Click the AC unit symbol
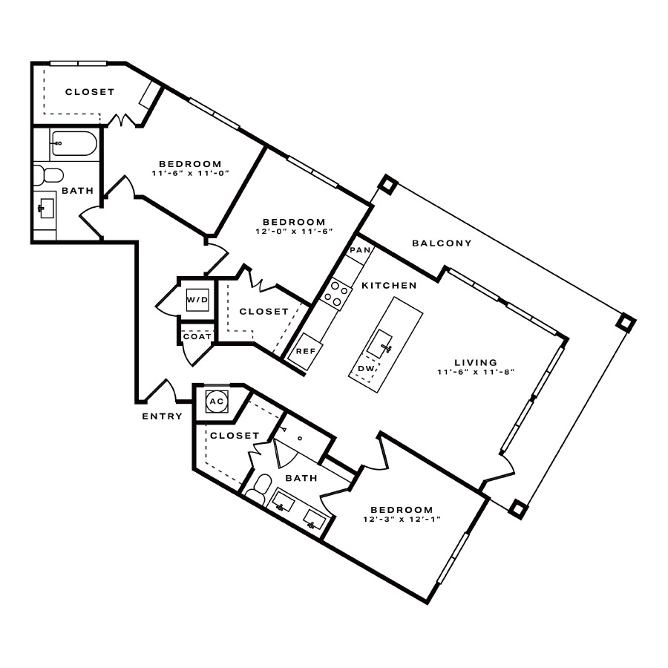217,402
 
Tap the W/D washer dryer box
197,300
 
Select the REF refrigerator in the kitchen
305,350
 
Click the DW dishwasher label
366,368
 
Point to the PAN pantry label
361,250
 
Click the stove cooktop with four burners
336,292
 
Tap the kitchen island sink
379,344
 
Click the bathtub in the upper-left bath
74,143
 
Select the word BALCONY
442,243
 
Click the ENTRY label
162,416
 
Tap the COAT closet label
197,336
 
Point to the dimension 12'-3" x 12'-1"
402,520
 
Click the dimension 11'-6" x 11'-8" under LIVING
476,372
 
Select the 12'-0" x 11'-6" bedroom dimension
294,232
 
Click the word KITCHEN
389,286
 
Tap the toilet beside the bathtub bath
48,175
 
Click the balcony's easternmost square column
626,323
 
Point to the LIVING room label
476,362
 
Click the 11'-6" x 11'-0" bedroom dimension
191,174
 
